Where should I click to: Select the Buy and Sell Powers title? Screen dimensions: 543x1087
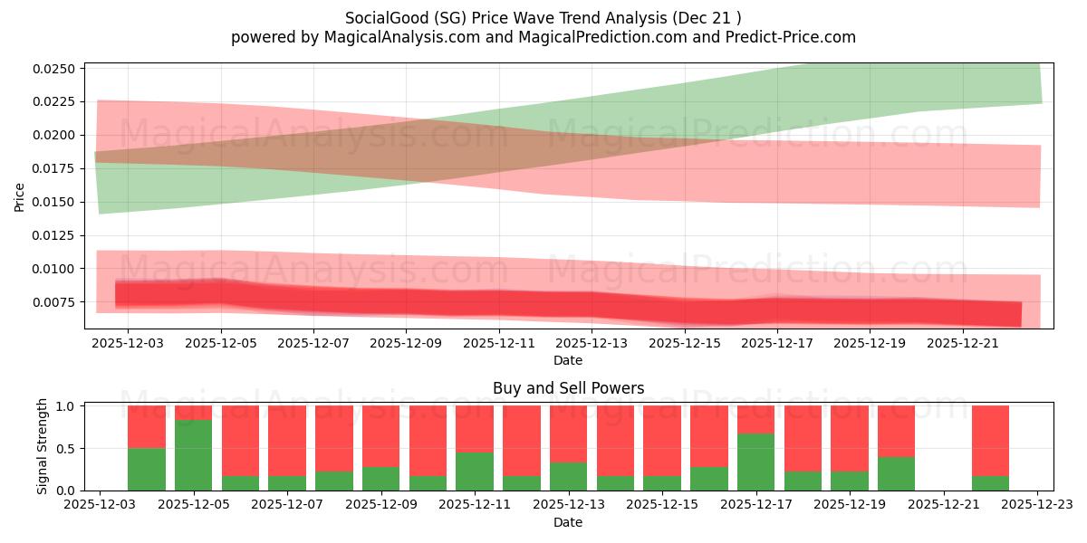pos(568,388)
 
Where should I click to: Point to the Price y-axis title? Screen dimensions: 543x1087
pos(20,195)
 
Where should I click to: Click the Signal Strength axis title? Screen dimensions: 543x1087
pos(43,446)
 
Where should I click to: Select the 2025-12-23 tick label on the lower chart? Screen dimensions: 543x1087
pos(1037,506)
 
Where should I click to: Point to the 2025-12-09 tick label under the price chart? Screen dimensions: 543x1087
pos(406,344)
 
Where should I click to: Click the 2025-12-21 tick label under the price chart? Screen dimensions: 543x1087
pos(962,344)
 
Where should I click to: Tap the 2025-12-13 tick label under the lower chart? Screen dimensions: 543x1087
pos(569,506)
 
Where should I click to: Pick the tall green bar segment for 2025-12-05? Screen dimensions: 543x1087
pos(193,455)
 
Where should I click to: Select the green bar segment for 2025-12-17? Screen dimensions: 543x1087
pos(755,462)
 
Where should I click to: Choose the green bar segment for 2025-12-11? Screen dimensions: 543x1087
pos(475,472)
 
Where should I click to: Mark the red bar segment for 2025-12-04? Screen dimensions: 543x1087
pos(147,426)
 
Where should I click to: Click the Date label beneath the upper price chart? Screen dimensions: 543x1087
pos(568,360)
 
